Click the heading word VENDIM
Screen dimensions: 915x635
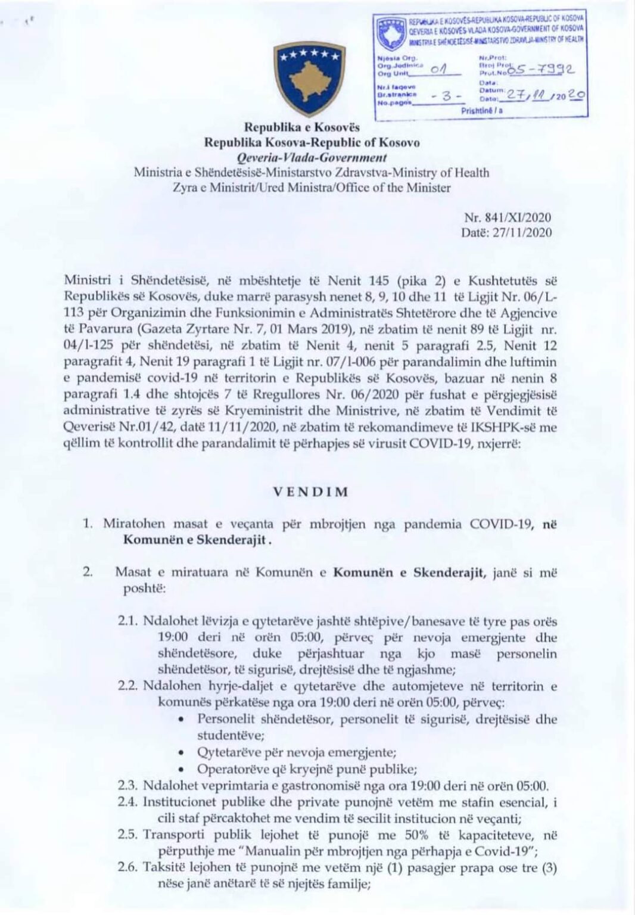click(311, 493)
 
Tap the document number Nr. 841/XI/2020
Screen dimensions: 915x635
click(507, 218)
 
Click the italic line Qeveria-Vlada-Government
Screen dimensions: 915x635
click(312, 158)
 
